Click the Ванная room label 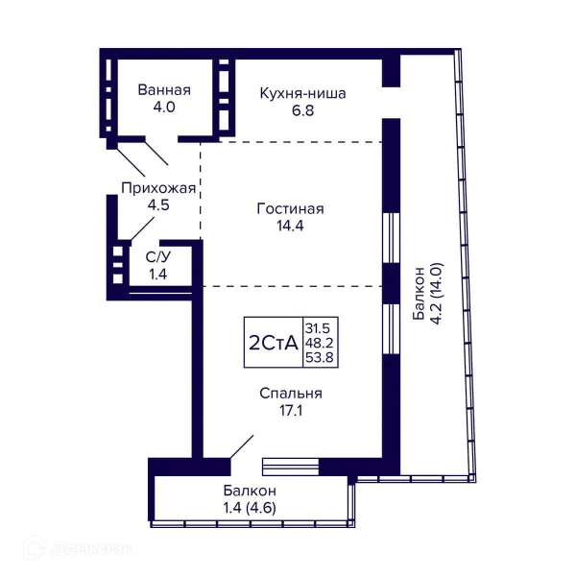pos(164,90)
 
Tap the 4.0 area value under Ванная pos(164,108)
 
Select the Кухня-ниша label pos(302,93)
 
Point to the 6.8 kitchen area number pos(303,110)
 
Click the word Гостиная pos(290,209)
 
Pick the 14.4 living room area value pos(290,226)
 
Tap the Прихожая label pos(158,188)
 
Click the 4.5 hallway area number pos(158,205)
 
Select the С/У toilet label pos(158,257)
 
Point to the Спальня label pos(291,394)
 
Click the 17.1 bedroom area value pos(291,410)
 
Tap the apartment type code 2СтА pos(274,343)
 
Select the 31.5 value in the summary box pos(318,327)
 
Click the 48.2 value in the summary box pos(319,343)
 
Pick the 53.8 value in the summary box pos(320,357)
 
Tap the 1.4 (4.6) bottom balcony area pos(250,508)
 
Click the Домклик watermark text pos(92,549)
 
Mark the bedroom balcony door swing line pos(242,446)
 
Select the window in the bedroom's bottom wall pos(290,467)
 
